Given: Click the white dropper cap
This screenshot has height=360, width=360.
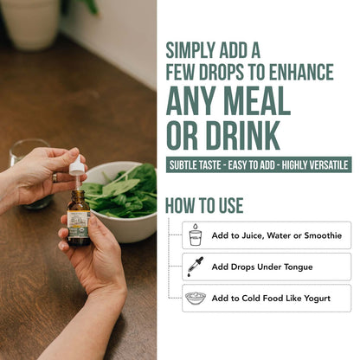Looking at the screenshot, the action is pos(76,166).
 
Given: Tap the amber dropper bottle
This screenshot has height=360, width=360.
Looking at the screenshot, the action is pos(79,218).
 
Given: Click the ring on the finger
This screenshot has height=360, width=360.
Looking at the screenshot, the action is pos(55,177).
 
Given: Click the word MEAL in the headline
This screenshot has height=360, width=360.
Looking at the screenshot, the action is pos(257,100).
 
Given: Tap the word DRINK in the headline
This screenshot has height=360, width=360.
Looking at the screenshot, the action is pos(243,135).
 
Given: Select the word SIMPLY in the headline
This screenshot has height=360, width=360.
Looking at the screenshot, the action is pos(190,51).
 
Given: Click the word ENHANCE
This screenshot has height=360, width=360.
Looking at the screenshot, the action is pos(301,72).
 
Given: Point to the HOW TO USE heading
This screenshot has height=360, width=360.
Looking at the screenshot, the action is pos(204,205).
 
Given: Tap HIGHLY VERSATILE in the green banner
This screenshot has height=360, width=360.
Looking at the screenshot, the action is pos(315,165).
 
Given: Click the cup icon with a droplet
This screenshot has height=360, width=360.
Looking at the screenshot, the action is pos(195,235).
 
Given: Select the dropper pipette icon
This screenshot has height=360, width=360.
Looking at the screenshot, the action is pos(196,267).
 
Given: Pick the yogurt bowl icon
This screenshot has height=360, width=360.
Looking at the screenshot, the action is pos(196,298).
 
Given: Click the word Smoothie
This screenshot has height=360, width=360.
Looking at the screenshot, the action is pos(323,235).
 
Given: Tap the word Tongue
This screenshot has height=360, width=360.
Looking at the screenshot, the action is pos(299,267).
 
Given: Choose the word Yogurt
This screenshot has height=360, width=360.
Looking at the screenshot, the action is pos(316,299).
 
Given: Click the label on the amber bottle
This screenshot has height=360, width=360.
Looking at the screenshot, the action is pos(79,225).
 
